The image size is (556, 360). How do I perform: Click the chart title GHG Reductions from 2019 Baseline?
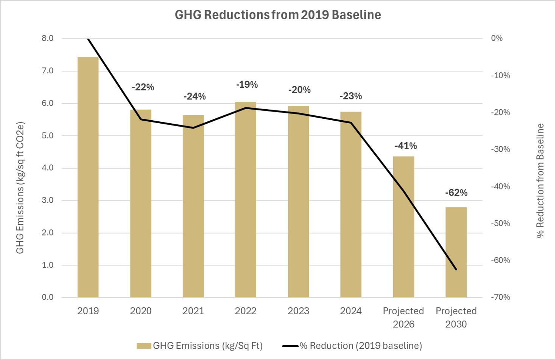pos(277,15)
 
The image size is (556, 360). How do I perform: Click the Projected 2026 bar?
pos(403,227)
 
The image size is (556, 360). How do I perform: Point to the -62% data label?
pos(456,193)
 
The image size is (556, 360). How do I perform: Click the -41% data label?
pos(405,146)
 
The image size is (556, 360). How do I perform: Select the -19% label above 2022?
pos(247,85)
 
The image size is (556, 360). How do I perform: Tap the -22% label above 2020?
pos(143,87)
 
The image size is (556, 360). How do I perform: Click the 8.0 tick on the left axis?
pos(47,39)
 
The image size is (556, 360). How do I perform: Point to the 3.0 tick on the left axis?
pos(47,200)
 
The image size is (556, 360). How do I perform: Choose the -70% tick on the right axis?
pos(500,297)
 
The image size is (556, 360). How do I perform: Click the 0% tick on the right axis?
pos(497,39)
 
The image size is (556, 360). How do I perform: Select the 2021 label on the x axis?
pos(193,311)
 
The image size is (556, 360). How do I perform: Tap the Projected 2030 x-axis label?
pos(456,317)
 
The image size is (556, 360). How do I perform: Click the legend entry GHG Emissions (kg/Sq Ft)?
pos(199,346)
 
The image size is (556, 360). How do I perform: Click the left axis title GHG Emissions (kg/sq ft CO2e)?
pos(20,188)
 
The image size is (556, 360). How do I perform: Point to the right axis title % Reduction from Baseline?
pos(540,181)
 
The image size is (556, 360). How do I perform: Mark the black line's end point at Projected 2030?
pos(456,270)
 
